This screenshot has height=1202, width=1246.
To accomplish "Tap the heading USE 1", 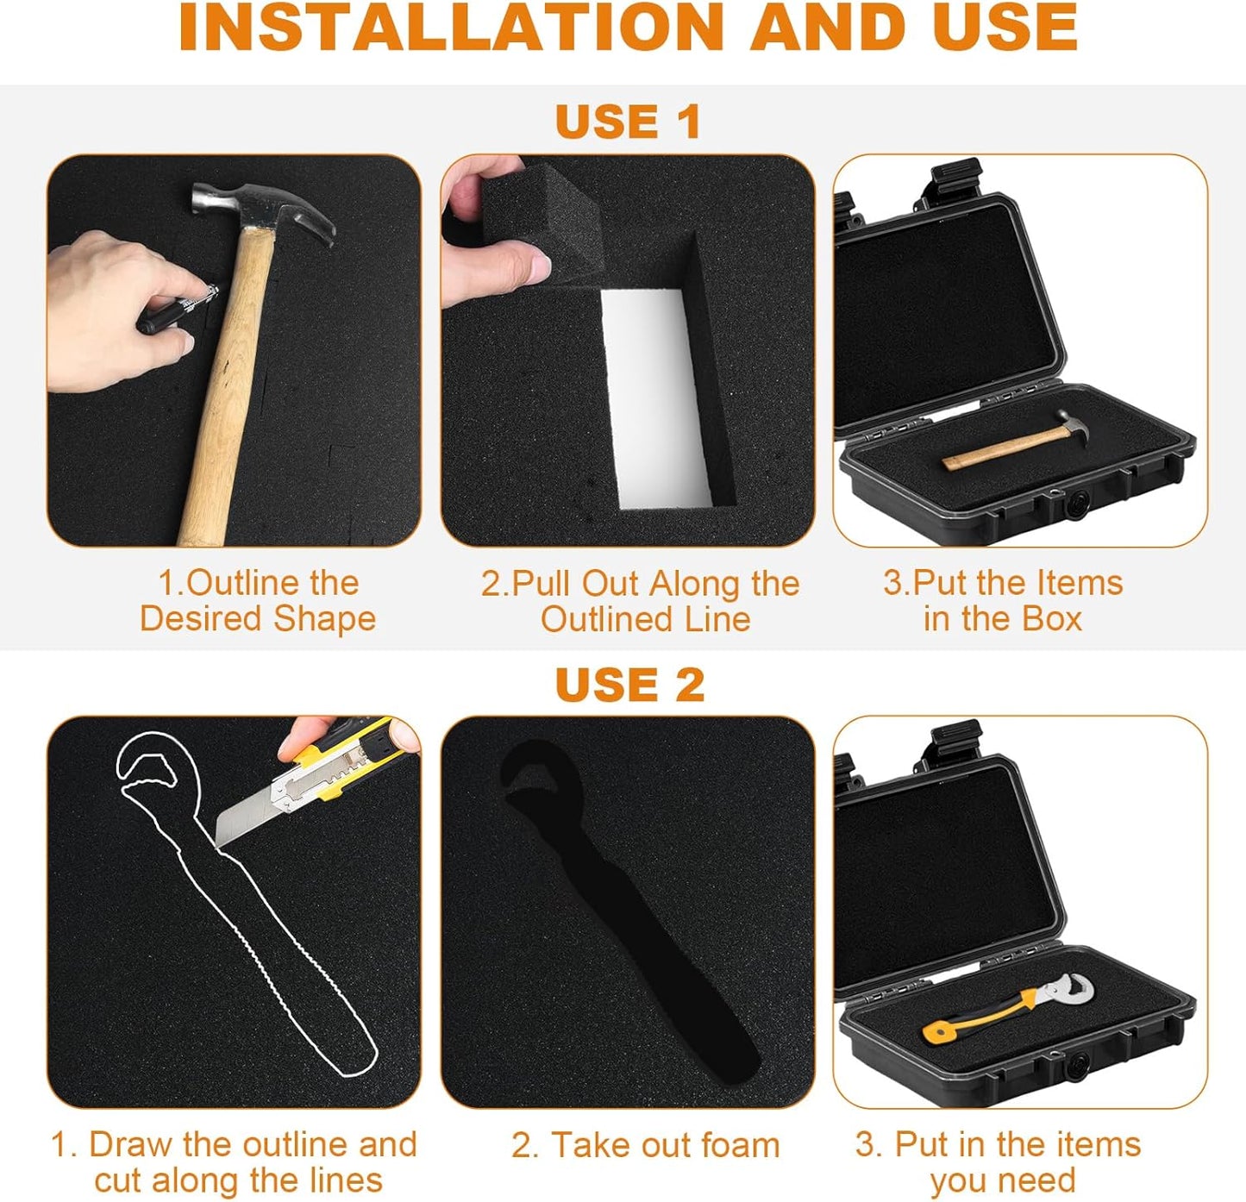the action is [x=629, y=122].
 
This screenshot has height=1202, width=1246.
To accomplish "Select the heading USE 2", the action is [x=630, y=684].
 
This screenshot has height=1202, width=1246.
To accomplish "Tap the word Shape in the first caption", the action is [x=324, y=619].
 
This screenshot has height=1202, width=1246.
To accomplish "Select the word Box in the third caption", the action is [x=1051, y=619].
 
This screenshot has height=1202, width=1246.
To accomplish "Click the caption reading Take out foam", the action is [x=645, y=1145].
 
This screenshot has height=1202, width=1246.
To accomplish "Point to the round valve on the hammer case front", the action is [x=1075, y=503].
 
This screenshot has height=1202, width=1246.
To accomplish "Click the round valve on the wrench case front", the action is [x=1075, y=1066].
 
